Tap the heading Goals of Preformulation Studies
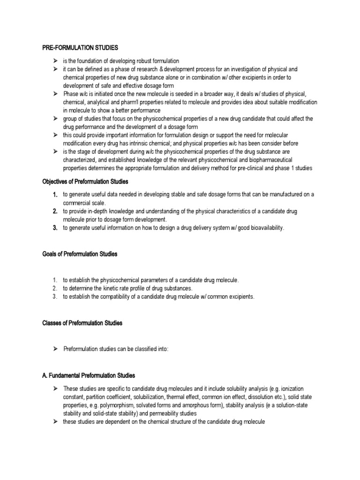coord(80,254)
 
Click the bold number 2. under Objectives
coord(55,211)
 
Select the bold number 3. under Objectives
coord(55,228)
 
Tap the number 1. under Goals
coord(55,280)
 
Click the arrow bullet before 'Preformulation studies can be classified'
coord(55,349)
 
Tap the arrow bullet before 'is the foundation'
coord(55,61)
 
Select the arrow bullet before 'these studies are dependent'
coord(55,422)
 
